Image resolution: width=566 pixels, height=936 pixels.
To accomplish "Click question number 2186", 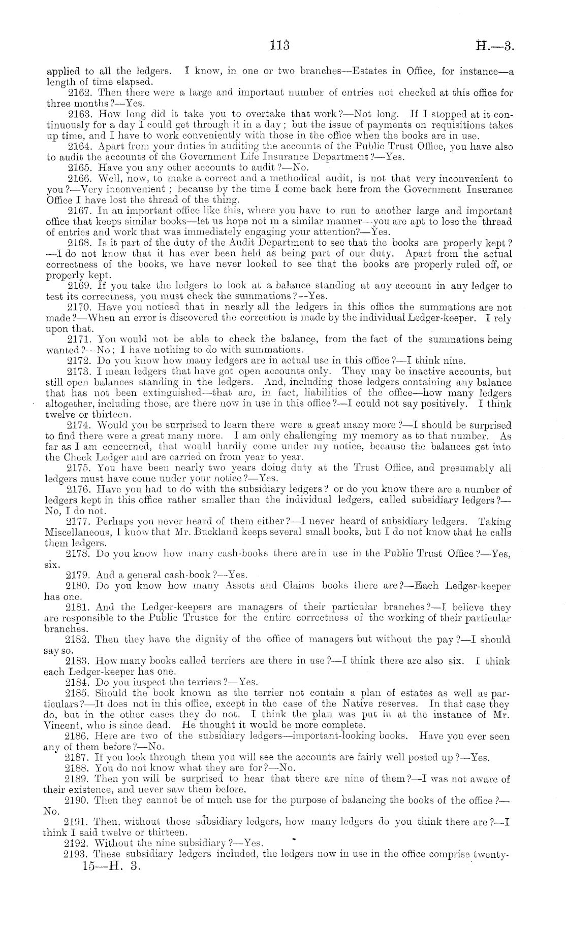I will [77, 736].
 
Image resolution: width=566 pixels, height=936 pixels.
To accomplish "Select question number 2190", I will [77, 800].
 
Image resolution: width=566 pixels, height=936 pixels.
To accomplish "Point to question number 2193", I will [77, 854].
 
